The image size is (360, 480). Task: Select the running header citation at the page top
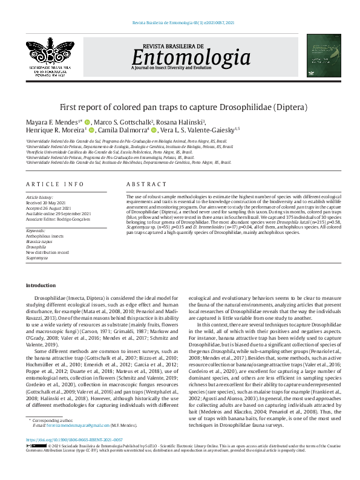point(182,22)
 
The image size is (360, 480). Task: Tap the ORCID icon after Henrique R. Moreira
point(92,130)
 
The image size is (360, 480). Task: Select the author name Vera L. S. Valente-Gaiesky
point(198,130)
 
